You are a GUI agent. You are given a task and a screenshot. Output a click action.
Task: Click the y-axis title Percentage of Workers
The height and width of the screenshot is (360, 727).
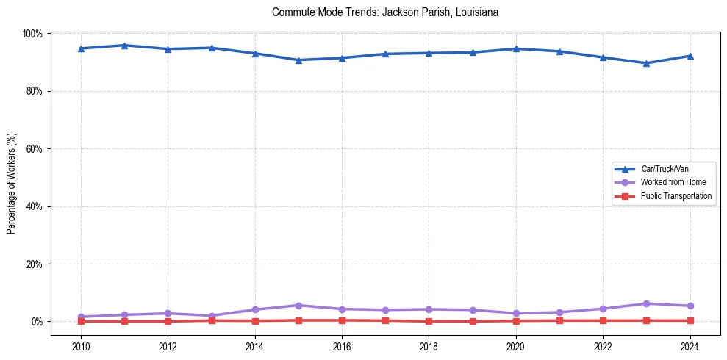click(12, 178)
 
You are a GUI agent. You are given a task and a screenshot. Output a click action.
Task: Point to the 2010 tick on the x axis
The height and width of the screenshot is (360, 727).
click(81, 346)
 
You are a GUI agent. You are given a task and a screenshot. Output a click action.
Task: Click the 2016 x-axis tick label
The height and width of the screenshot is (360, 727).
click(342, 346)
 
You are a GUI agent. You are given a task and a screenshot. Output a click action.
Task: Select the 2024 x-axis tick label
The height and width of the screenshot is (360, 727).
click(690, 346)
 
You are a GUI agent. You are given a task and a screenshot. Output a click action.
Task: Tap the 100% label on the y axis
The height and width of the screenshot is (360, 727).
click(32, 34)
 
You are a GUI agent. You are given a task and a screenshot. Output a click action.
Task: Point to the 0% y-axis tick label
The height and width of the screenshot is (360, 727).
click(36, 322)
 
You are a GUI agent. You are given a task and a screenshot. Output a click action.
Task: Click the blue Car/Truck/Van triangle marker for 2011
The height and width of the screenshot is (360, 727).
click(124, 46)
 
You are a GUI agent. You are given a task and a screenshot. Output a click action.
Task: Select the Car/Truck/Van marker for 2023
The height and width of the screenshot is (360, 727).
click(646, 63)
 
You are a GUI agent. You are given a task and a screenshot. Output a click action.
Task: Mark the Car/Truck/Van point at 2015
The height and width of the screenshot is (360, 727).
click(298, 60)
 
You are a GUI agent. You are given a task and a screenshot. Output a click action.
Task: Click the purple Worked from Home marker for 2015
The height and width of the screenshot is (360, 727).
click(298, 306)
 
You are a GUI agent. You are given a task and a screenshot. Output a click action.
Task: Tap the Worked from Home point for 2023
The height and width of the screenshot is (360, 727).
click(646, 303)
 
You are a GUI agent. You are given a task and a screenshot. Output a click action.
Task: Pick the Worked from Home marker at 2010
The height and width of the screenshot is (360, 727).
click(81, 317)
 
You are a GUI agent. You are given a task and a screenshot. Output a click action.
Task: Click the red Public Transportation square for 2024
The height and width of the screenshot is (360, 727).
click(690, 320)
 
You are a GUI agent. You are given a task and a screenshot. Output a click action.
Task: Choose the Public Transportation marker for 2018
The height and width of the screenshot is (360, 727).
click(429, 321)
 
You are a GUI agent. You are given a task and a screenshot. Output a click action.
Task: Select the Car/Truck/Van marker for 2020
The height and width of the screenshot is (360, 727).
click(516, 48)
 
